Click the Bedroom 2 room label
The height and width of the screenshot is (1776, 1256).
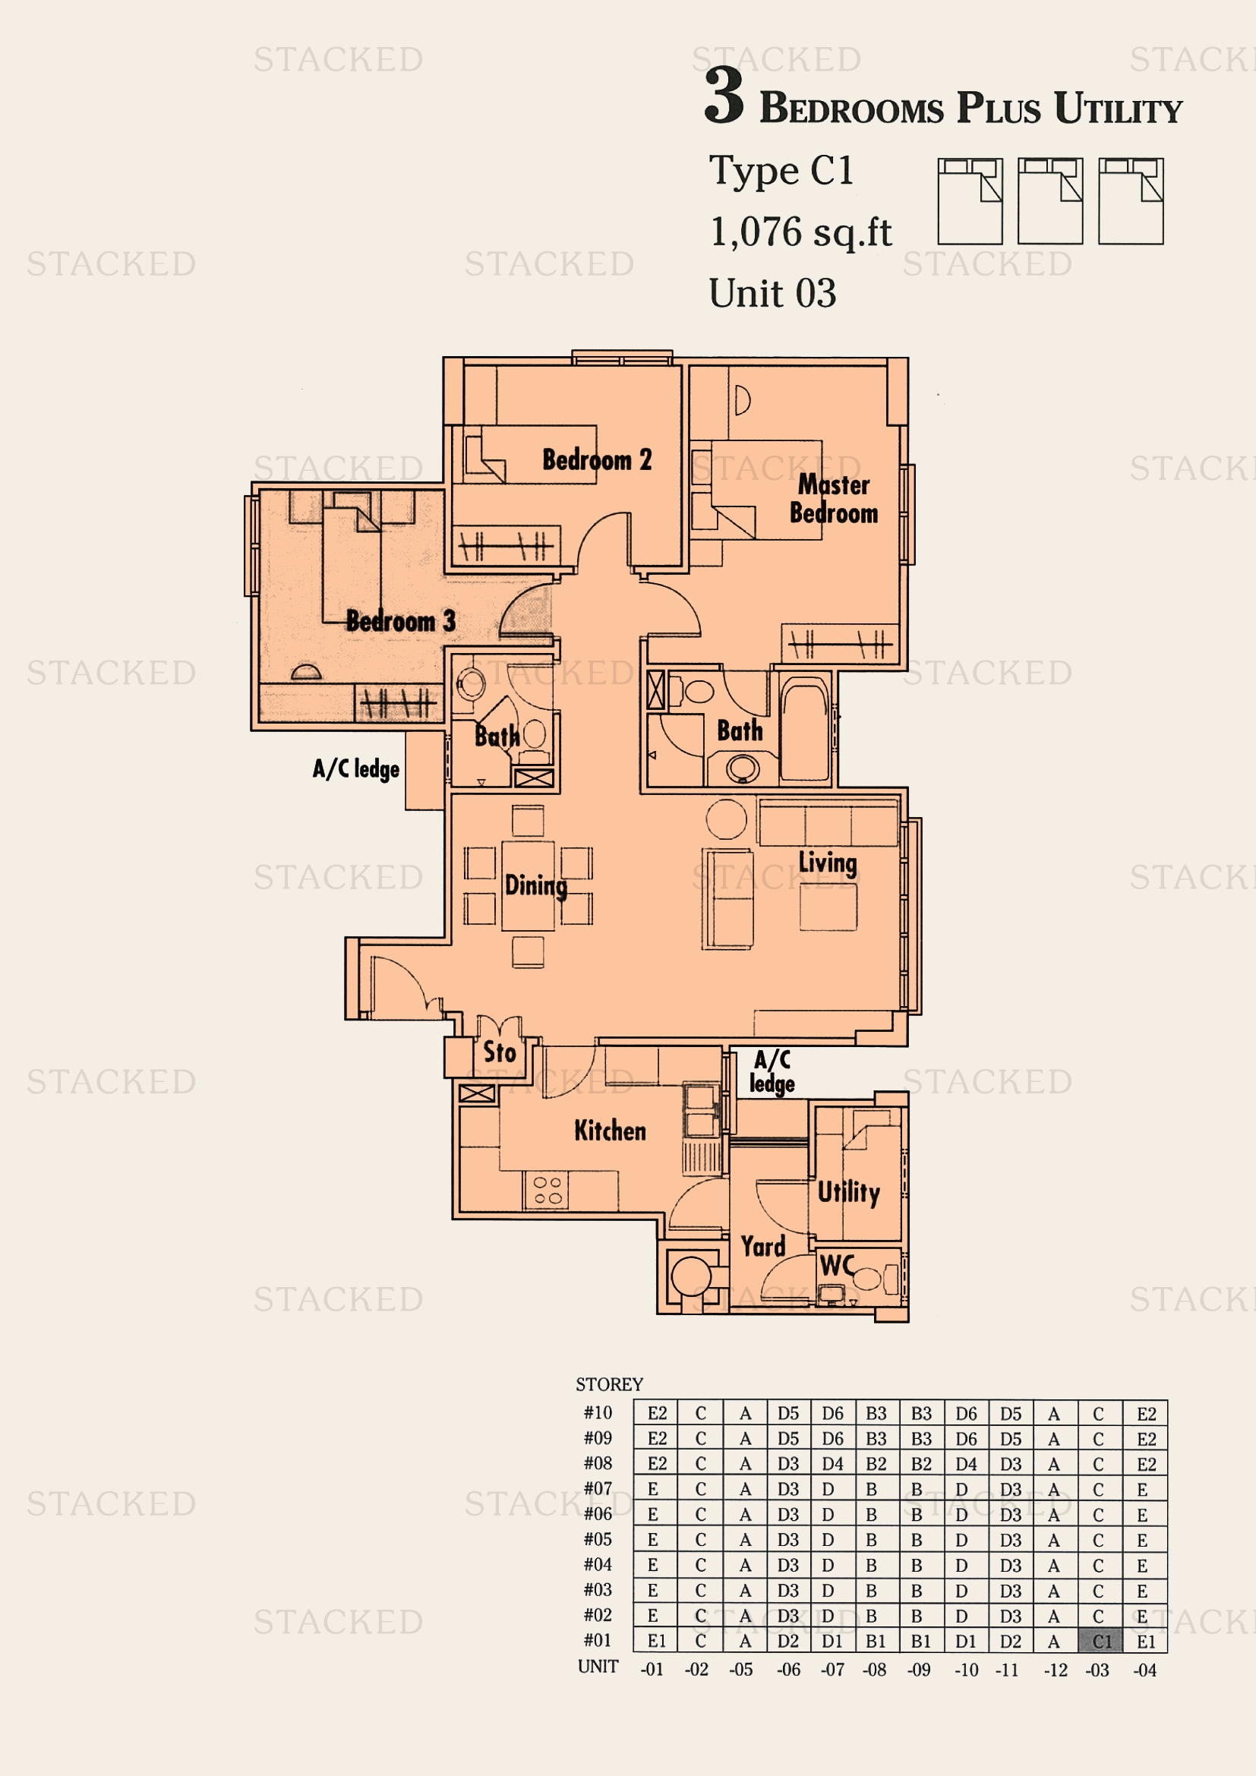click(596, 459)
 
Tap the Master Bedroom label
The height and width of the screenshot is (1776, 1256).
click(833, 499)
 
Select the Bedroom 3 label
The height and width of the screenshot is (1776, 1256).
click(400, 620)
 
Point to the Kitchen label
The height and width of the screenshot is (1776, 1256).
click(610, 1131)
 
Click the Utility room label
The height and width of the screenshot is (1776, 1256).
click(848, 1192)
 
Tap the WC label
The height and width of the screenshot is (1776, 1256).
click(837, 1266)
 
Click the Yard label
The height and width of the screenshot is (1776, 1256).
click(762, 1246)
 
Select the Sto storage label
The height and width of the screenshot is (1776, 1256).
click(499, 1052)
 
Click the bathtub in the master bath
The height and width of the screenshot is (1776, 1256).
click(804, 728)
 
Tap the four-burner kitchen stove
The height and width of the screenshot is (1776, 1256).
click(548, 1190)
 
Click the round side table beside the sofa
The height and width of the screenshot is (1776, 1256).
click(726, 819)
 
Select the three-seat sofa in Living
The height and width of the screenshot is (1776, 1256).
click(828, 824)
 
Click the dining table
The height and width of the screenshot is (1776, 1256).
click(528, 885)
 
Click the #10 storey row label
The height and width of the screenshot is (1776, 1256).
click(597, 1412)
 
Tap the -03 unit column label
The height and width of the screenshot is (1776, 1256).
click(1097, 1669)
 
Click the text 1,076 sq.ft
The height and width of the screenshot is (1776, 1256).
click(800, 232)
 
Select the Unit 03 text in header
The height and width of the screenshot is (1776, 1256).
click(772, 294)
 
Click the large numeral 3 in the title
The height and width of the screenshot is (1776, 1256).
click(724, 96)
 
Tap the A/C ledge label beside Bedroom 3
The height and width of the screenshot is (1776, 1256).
click(355, 769)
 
